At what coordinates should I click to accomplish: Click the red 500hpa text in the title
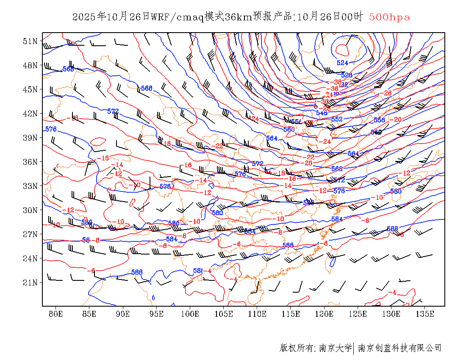click(389, 17)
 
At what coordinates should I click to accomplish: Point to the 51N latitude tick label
click(30, 41)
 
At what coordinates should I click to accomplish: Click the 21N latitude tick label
click(30, 282)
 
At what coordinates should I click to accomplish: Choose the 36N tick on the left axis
click(30, 162)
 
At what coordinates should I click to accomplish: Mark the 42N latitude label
click(30, 114)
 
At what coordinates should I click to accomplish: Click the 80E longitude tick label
click(55, 314)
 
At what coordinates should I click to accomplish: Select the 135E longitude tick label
click(425, 314)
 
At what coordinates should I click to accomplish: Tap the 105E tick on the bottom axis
click(224, 314)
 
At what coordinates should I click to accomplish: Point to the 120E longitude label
click(325, 314)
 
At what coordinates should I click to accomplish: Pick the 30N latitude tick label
click(30, 210)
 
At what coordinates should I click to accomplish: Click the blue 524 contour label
click(342, 63)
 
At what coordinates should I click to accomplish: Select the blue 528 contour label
click(347, 75)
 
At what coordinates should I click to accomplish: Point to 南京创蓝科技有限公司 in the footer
click(400, 348)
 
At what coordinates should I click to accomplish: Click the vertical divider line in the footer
click(354, 348)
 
